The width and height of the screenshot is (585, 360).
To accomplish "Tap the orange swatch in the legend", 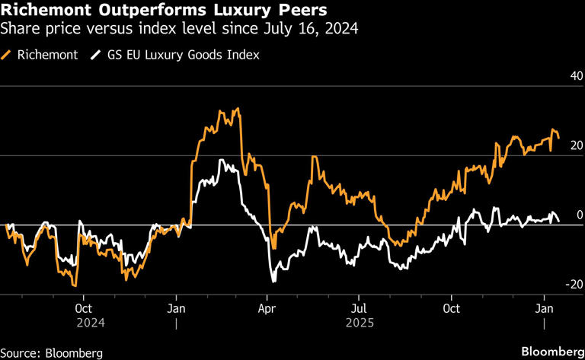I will coord(8,55).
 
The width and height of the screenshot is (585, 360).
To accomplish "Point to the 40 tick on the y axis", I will coord(576,76).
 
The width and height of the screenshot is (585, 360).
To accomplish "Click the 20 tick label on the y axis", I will coord(576,145).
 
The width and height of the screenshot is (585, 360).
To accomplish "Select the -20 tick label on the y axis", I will coord(574,284).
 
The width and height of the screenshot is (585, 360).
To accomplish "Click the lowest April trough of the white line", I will coord(273,282).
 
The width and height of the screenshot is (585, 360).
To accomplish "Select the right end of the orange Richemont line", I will coord(559,137).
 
